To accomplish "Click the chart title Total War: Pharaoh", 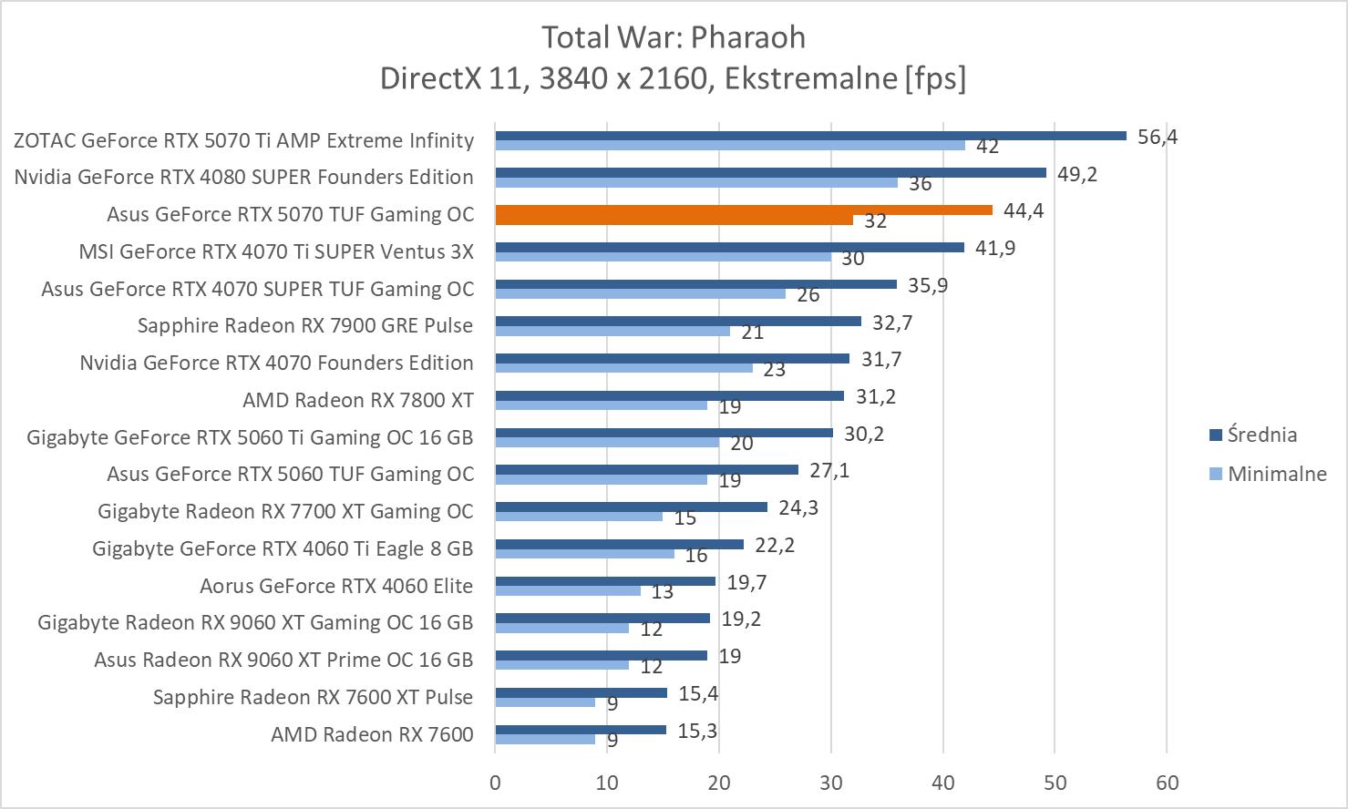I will click(674, 37).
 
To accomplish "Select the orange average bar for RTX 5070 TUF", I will click(743, 210).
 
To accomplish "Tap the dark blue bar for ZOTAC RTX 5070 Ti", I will click(810, 136).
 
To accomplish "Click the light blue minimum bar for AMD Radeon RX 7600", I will click(545, 739).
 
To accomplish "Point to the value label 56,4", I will click(1158, 137).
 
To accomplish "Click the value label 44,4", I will click(1024, 210).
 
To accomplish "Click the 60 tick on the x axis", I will click(1167, 783).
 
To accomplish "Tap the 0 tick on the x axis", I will click(495, 783).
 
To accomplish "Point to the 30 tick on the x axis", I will click(831, 783).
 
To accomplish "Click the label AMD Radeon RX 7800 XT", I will click(358, 400).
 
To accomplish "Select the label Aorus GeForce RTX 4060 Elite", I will click(336, 586).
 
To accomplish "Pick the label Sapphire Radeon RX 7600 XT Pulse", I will click(313, 697).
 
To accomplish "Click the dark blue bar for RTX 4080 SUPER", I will click(770, 172).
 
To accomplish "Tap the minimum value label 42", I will click(987, 147).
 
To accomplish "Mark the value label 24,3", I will click(798, 507).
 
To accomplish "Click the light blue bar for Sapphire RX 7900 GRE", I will click(612, 331).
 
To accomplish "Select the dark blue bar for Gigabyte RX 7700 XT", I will click(631, 507).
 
